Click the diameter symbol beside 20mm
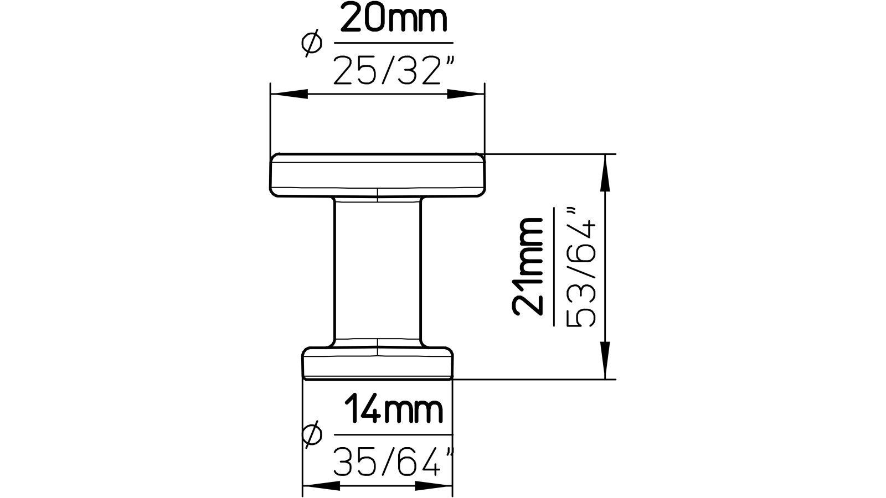tap(311, 43)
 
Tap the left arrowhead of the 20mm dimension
tap(289, 95)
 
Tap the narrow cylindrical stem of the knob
tap(377, 271)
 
